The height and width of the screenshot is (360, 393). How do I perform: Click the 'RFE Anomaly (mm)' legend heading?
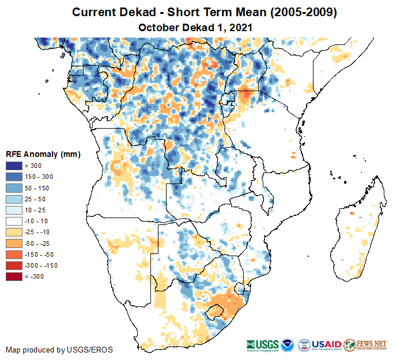pos(43,154)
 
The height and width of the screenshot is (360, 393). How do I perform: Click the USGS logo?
pos(263,344)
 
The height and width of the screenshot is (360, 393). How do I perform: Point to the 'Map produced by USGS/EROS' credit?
pos(59,350)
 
